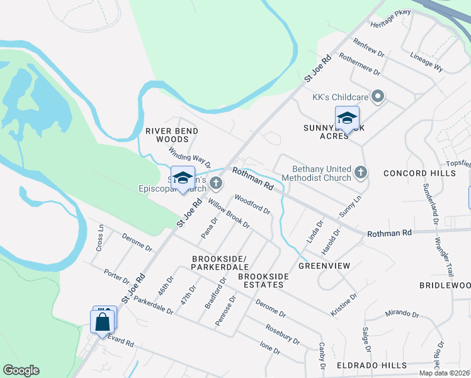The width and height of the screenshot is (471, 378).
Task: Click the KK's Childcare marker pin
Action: (x=378, y=97)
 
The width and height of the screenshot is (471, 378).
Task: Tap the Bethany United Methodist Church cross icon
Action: (x=360, y=172)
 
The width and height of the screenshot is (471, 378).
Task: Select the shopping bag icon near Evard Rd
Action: (x=102, y=322)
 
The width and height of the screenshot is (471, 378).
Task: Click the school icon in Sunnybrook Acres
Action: (x=346, y=118)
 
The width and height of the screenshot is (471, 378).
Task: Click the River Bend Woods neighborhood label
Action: (x=172, y=135)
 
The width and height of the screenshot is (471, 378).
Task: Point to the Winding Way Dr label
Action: (x=189, y=158)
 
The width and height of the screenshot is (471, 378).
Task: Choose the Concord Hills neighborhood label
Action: (x=419, y=173)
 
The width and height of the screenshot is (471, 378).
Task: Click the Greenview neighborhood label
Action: (x=324, y=266)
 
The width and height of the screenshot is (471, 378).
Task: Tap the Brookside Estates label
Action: (x=263, y=281)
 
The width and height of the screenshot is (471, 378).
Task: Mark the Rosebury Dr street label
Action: (x=282, y=334)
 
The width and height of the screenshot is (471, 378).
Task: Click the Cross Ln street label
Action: (x=100, y=239)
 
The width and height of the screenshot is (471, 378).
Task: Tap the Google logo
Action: (x=21, y=370)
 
